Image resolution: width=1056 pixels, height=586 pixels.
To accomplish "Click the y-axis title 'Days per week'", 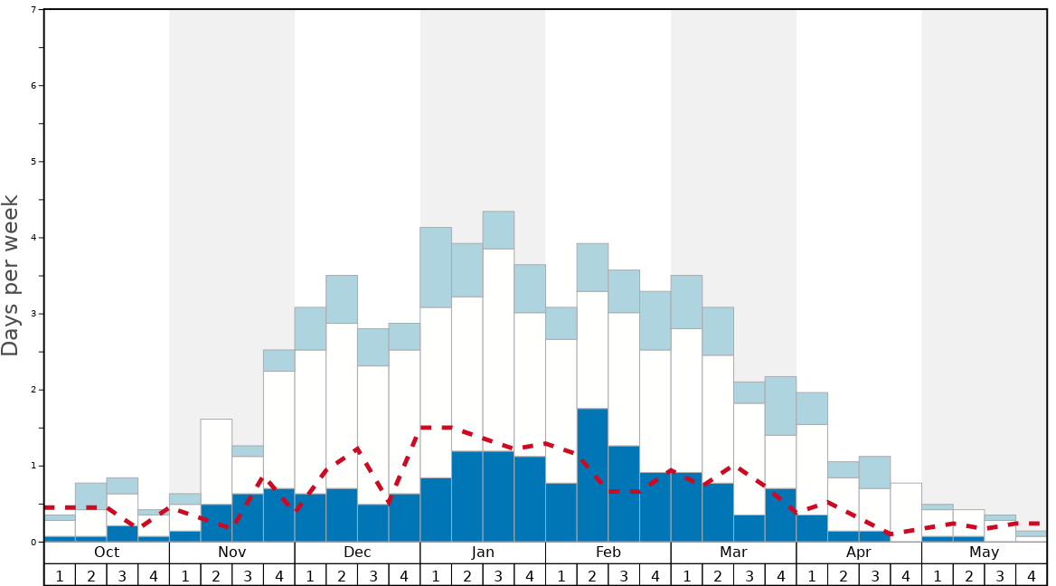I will tap(11, 276).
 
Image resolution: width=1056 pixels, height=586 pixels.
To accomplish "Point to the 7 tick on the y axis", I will tap(33, 10).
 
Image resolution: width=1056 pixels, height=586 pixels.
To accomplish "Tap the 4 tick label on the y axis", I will tap(33, 238).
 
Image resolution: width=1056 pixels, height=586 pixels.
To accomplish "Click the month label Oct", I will tap(107, 553).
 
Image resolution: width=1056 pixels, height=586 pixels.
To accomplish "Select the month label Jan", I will tap(483, 553).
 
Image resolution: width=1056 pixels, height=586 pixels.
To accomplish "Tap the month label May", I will tap(985, 553).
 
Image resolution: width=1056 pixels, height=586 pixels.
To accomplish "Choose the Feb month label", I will tap(608, 553).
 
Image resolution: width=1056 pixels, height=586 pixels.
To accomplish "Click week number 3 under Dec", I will tap(373, 575).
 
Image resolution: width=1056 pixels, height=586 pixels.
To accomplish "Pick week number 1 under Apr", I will tap(812, 575).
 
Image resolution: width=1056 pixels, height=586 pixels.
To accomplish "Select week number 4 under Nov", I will tap(278, 575).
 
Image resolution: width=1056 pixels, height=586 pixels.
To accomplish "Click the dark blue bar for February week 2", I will tap(592, 475).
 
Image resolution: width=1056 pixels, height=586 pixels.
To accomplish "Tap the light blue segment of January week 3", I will tap(498, 230).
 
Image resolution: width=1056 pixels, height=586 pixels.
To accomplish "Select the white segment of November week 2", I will tap(216, 461).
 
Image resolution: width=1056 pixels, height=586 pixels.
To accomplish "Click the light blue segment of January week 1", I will tap(436, 267).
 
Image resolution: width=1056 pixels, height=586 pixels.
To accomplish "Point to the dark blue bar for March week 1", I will tap(686, 506).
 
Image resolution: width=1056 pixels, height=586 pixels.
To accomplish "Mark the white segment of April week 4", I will tap(906, 512).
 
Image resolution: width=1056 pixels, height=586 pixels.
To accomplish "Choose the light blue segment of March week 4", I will tap(780, 405).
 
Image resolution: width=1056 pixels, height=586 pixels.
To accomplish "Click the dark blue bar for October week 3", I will tap(122, 534).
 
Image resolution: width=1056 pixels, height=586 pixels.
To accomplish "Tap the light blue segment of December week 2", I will tap(342, 298).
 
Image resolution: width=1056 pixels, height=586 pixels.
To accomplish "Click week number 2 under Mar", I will tap(718, 575).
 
